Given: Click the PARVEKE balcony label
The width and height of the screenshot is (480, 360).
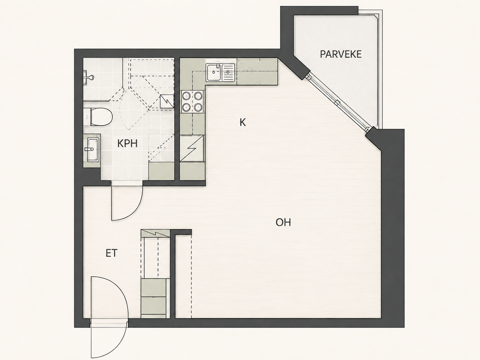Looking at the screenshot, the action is [340, 54].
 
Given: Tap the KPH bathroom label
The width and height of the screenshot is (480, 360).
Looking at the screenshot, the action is [127, 144].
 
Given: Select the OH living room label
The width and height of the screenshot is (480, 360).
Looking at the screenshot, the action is [283, 222].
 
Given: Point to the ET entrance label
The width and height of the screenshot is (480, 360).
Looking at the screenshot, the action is [111, 253].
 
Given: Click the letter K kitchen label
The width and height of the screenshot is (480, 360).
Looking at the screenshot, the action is [243, 123].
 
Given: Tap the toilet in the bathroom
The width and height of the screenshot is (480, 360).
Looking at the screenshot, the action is [98, 117].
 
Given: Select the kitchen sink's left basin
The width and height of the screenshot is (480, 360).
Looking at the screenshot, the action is [214, 72].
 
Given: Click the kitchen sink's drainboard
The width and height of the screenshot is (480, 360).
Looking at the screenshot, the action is [228, 72].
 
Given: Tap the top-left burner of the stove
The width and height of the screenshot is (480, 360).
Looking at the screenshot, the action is [186, 96].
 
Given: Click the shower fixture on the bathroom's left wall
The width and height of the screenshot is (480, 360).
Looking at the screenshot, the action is [88, 77].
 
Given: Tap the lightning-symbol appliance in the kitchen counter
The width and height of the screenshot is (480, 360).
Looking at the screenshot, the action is [192, 149].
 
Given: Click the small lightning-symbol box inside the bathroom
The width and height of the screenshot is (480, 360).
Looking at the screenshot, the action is [167, 101].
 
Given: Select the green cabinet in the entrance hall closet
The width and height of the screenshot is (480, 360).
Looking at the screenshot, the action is [155, 298].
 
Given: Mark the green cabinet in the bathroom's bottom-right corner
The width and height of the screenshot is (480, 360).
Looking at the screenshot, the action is [161, 171].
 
